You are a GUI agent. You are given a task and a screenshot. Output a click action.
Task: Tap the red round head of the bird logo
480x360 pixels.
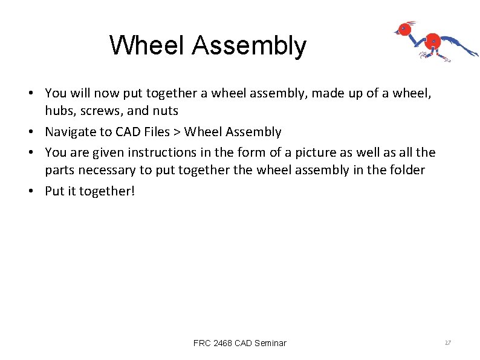coord(406,28)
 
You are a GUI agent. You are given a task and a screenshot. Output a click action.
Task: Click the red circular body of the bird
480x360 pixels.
coord(432,42)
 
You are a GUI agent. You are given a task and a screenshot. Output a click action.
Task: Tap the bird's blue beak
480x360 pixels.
coord(395,31)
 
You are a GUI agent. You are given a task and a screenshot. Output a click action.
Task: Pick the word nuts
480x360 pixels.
coord(166,111)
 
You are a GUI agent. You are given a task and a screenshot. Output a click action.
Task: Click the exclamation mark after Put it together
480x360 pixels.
coord(134,191)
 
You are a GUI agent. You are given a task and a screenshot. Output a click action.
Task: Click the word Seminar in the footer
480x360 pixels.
coord(270,343)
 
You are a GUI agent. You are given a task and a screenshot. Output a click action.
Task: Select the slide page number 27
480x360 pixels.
coord(448,343)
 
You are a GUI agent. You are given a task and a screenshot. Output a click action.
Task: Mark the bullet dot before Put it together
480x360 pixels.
coord(37,191)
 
